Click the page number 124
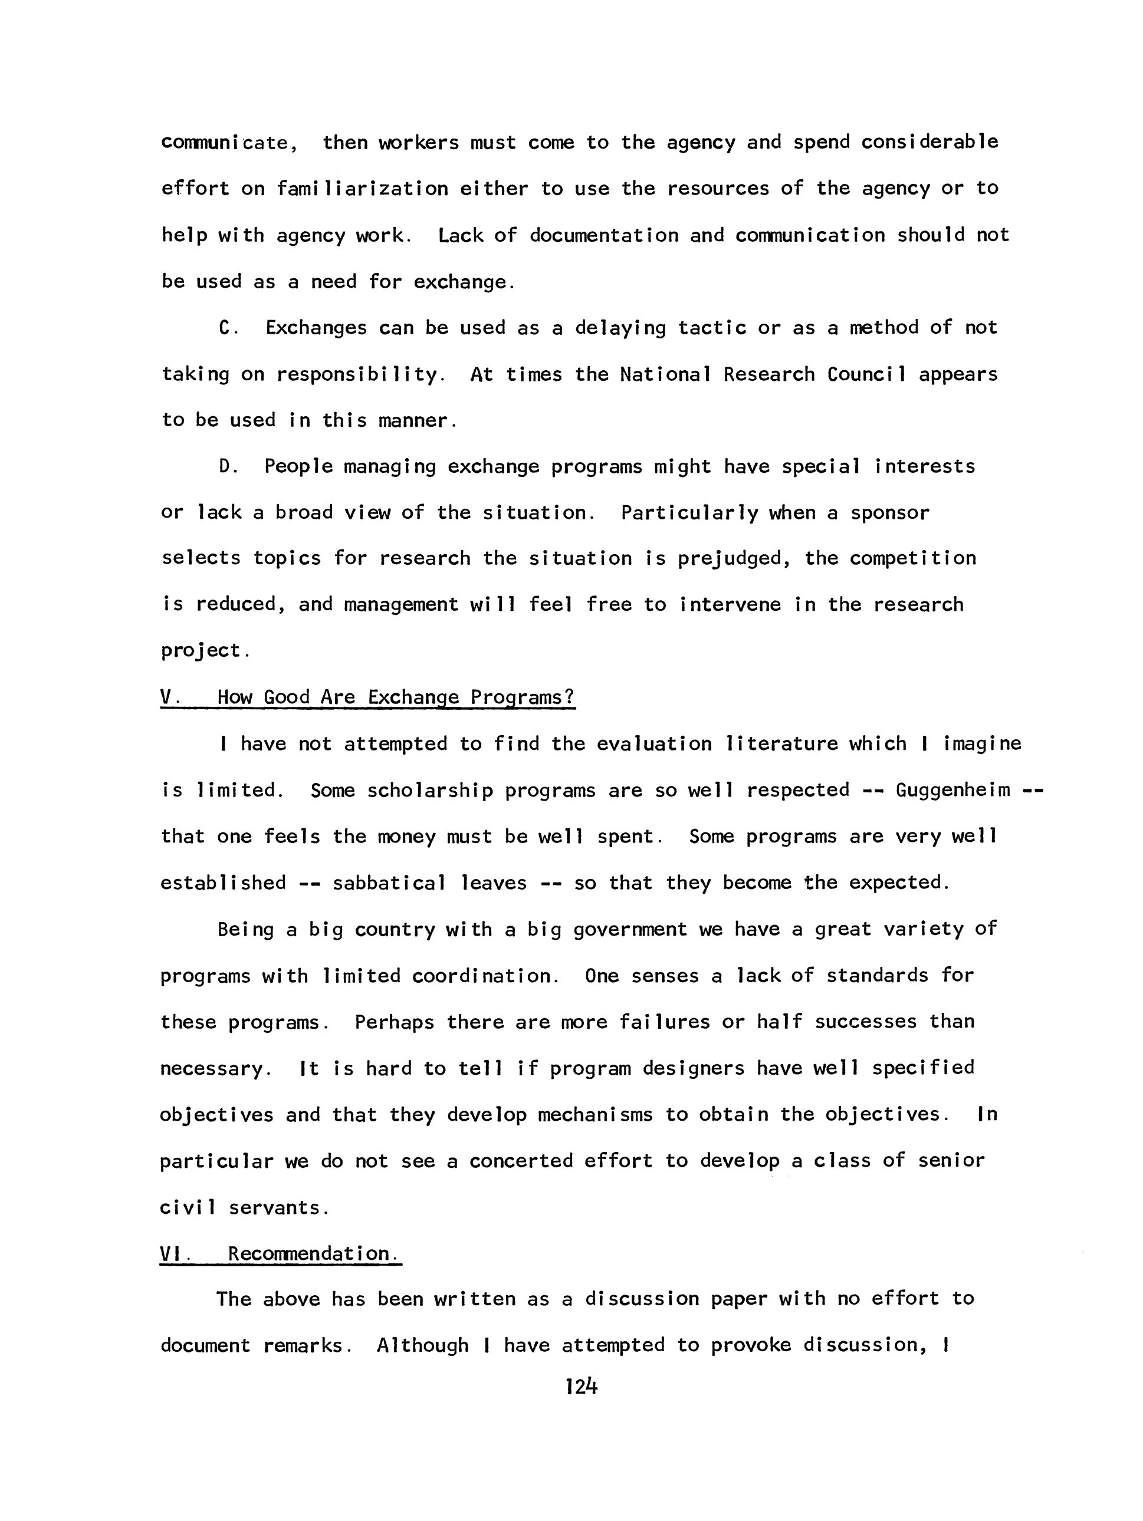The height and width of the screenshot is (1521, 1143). click(x=580, y=1387)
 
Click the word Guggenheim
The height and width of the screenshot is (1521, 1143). click(x=953, y=790)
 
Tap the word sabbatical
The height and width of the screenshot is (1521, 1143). click(x=389, y=883)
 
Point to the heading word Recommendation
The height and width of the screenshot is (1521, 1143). click(x=313, y=1253)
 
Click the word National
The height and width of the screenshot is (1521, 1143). click(x=665, y=374)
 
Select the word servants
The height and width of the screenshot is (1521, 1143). click(x=275, y=1208)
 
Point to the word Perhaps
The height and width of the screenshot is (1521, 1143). click(x=394, y=1022)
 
